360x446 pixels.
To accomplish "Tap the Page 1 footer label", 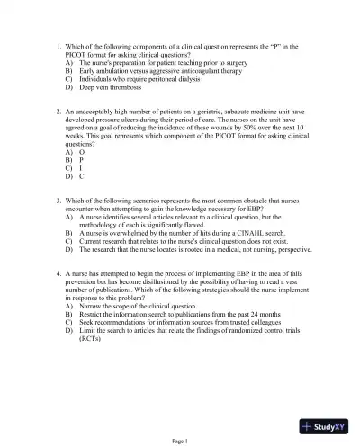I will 180,441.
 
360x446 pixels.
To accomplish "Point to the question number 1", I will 58,43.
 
